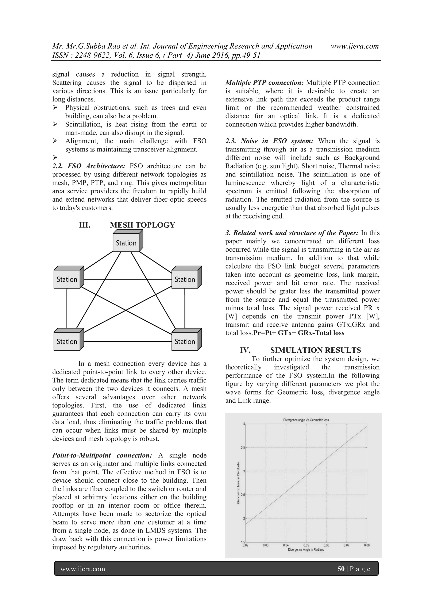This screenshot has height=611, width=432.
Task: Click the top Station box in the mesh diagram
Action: tap(126, 243)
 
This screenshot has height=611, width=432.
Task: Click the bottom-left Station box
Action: tap(67, 341)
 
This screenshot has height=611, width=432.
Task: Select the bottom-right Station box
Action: tap(185, 341)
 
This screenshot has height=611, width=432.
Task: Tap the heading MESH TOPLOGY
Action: tap(142, 225)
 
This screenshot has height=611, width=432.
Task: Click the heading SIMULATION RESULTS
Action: tap(315, 350)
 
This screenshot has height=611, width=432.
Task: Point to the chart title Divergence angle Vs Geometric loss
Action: tap(306, 420)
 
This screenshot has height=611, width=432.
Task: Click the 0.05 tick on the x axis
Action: tap(306, 545)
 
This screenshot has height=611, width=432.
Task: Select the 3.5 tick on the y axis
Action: tap(243, 448)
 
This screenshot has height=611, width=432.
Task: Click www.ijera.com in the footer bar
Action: tap(82, 569)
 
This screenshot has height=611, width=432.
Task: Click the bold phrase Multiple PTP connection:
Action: tap(265, 82)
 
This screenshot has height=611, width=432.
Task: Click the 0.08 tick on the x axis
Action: tap(367, 545)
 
